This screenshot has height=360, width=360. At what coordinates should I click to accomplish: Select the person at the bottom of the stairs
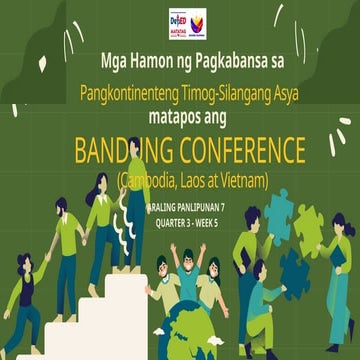click(x=25, y=300)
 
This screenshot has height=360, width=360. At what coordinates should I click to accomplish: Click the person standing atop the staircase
click(x=135, y=200)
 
